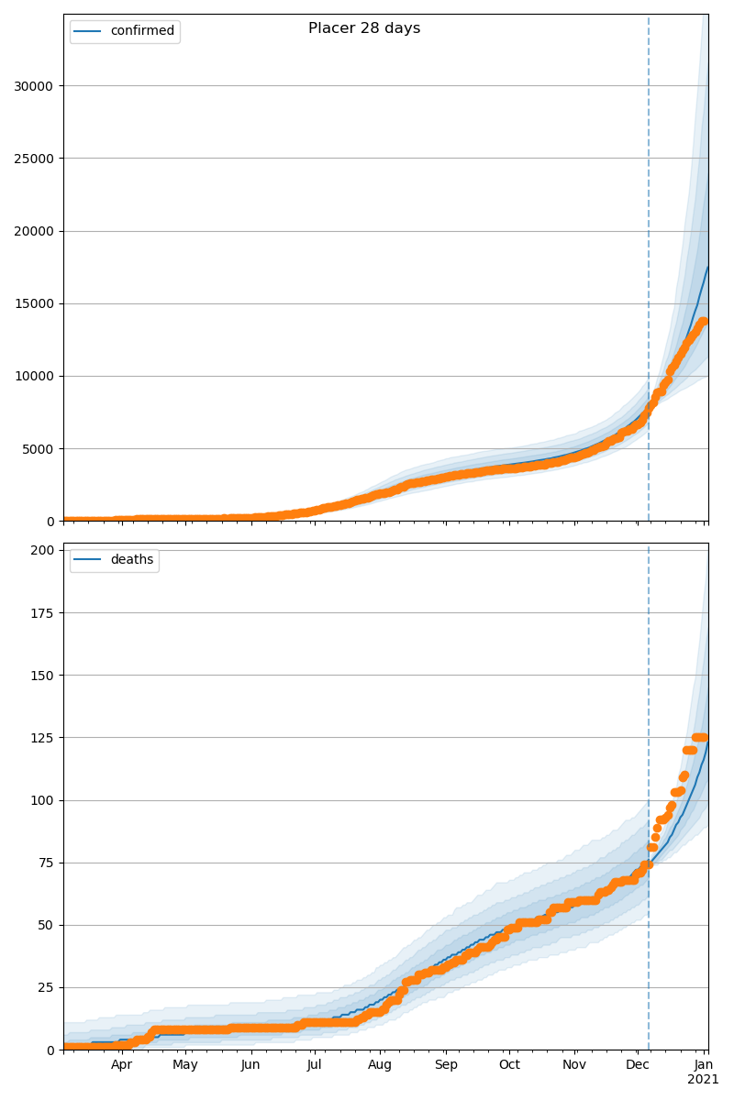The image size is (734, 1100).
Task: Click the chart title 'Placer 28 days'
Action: point(364,28)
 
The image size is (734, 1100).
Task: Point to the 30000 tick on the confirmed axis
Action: point(34,86)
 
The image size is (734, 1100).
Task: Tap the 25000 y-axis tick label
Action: point(34,159)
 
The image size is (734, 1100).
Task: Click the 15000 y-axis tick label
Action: point(34,303)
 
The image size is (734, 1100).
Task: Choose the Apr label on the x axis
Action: point(122,1065)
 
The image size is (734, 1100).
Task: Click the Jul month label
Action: point(314,1065)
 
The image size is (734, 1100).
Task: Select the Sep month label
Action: point(446,1065)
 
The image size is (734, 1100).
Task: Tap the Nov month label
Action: point(574,1065)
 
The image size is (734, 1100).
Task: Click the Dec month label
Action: point(638,1065)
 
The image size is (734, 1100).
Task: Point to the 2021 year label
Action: point(704,1080)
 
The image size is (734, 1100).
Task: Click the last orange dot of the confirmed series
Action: point(704,322)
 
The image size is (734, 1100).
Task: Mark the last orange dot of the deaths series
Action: point(704,737)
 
